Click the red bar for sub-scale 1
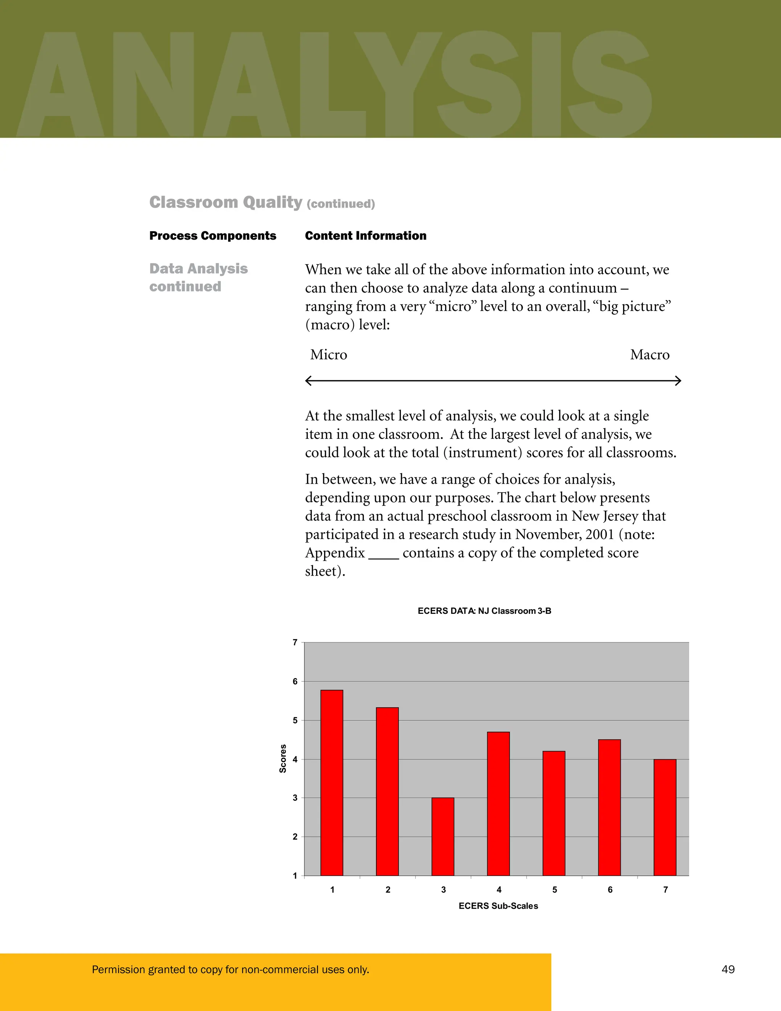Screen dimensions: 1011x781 click(332, 782)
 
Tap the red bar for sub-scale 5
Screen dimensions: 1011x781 click(554, 813)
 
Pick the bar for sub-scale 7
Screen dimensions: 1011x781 click(665, 817)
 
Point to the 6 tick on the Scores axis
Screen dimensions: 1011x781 click(295, 681)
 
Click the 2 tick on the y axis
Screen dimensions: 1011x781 click(295, 837)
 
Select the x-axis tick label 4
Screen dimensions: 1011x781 click(499, 889)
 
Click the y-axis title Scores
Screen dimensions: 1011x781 click(283, 759)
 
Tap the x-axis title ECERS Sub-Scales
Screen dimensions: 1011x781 click(498, 905)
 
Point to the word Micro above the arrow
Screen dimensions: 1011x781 click(328, 354)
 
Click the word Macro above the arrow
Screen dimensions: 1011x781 click(649, 354)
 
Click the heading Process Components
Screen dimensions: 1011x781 click(212, 236)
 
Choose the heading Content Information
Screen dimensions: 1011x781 click(365, 236)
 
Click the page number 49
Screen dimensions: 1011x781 click(728, 969)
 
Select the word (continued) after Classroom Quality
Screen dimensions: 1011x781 click(341, 204)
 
